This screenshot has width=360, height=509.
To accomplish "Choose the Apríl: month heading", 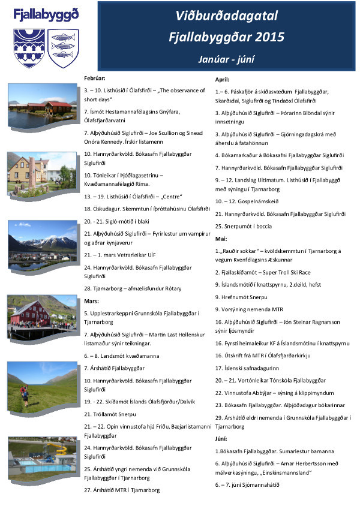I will click(x=223, y=79).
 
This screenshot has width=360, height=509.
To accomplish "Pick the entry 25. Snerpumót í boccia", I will click(x=243, y=226).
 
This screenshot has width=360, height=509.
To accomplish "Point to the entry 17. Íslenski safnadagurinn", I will click(x=250, y=368).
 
